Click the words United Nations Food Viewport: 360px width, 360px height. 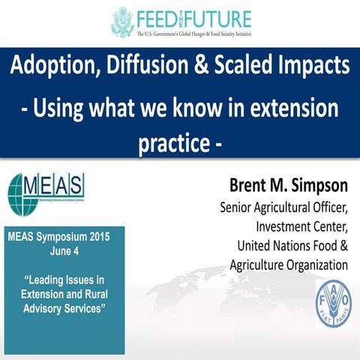coord(292,245)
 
